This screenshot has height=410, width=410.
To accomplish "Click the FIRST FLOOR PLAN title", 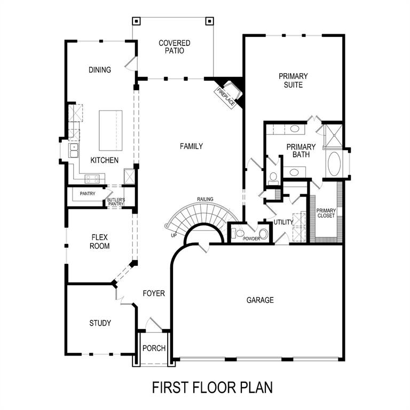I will pyautogui.click(x=212, y=387).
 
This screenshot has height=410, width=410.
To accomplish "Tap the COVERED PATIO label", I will pyautogui.click(x=174, y=47).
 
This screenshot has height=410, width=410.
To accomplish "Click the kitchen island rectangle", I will pyautogui.click(x=111, y=131).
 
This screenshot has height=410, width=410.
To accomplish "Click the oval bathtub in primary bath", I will pyautogui.click(x=335, y=164).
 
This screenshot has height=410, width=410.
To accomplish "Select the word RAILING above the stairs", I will pyautogui.click(x=205, y=199).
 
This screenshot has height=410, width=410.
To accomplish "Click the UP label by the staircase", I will pyautogui.click(x=173, y=235).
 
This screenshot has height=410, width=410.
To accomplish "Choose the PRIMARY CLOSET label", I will pyautogui.click(x=326, y=213).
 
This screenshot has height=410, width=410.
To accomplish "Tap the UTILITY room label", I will pyautogui.click(x=283, y=222).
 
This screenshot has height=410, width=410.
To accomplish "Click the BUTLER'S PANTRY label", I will pyautogui.click(x=116, y=202).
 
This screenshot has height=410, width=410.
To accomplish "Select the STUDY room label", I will pyautogui.click(x=100, y=323).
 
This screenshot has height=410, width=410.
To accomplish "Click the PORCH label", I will pyautogui.click(x=154, y=348).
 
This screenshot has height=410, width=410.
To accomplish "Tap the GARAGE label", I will pyautogui.click(x=260, y=300).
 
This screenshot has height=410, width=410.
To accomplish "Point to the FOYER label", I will pyautogui.click(x=154, y=294).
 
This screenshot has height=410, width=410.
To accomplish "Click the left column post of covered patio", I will pyautogui.click(x=136, y=22).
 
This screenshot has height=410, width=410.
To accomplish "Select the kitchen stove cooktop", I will pyautogui.click(x=92, y=179).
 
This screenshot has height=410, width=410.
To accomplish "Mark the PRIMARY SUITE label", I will pyautogui.click(x=293, y=81).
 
